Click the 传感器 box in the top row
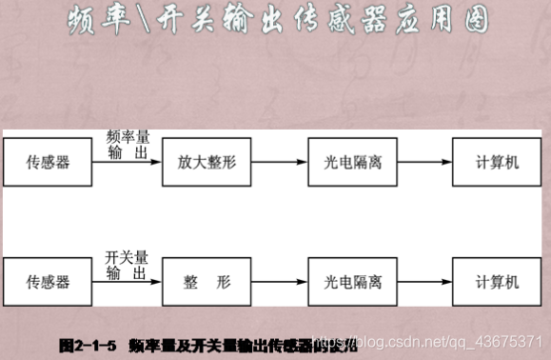click(x=49, y=163)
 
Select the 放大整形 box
click(x=207, y=163)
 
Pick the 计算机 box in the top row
click(x=499, y=163)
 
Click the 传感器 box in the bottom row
click(x=49, y=283)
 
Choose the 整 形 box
click(x=207, y=283)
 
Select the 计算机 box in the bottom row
click(x=499, y=283)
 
